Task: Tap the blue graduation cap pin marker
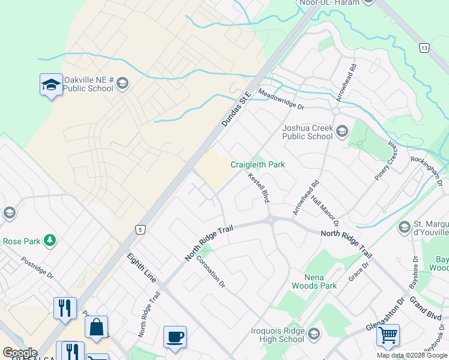pos(51,85)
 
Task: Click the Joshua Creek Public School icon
pos(342,131)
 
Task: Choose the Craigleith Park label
pos(258,164)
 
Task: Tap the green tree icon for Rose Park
pos(50,241)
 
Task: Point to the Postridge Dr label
pos(37,268)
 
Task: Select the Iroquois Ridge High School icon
pos(313,334)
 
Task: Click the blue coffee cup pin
pos(175,337)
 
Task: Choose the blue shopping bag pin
pos(96,328)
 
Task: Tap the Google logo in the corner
pos(20,353)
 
